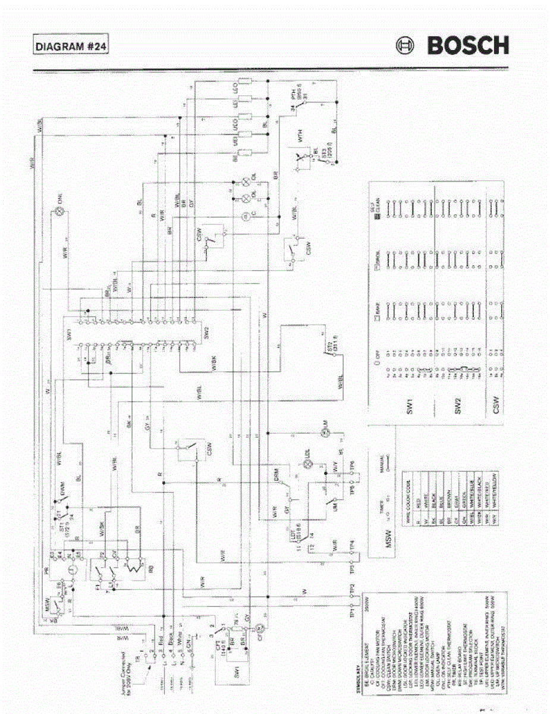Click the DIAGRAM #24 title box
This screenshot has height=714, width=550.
[x=70, y=46]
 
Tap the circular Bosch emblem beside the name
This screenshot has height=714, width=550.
[x=406, y=46]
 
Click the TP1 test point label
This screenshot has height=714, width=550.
[x=352, y=610]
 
